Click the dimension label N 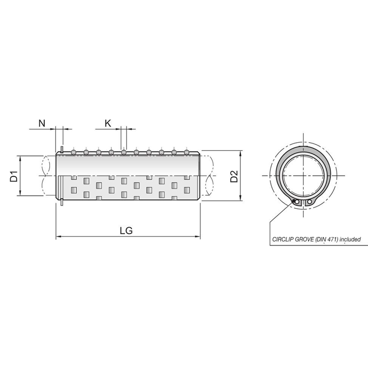[42, 123]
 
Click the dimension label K [108, 123]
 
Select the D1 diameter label [14, 176]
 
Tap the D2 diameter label [234, 176]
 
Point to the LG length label [126, 231]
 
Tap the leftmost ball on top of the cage [74, 152]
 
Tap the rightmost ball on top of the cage [187, 152]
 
